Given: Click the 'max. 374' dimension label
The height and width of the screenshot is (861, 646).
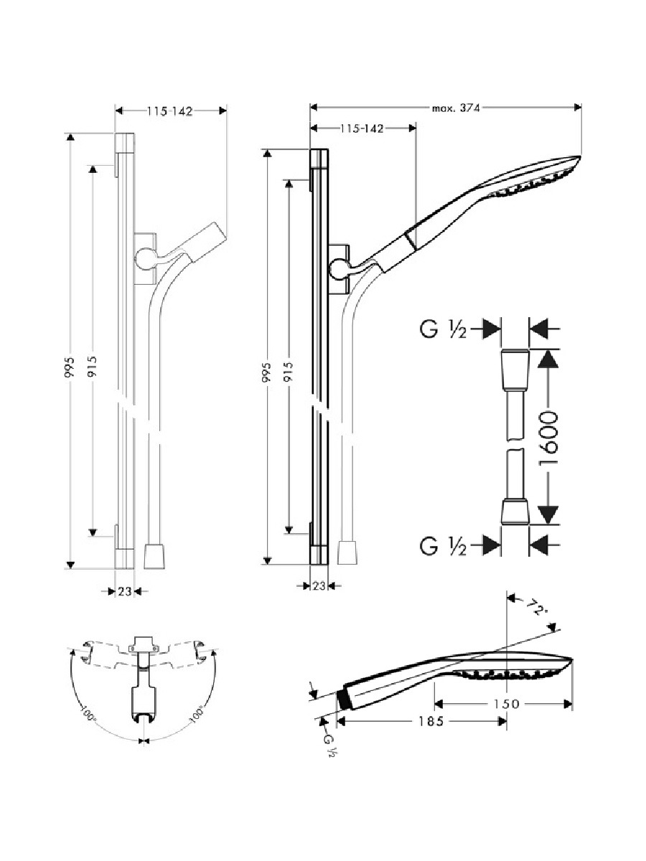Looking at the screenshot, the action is [x=456, y=108].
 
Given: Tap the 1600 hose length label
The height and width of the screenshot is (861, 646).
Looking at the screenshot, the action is [x=548, y=438].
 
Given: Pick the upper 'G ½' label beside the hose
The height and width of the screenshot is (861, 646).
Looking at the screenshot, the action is [x=443, y=329].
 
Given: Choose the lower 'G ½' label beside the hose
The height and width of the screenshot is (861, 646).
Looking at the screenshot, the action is [x=443, y=546].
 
